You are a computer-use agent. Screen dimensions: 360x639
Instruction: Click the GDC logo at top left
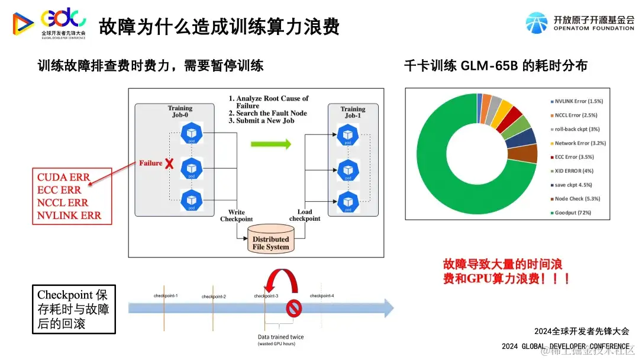tap(50, 22)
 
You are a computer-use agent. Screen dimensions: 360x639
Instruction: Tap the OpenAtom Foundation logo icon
tap(537, 22)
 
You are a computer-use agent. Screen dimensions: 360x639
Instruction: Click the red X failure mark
tap(169, 163)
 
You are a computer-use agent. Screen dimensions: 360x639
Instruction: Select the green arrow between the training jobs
tap(271, 143)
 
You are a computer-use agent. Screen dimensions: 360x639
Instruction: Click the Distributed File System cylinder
tap(272, 242)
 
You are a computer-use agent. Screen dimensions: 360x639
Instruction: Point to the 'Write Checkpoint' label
tap(236, 216)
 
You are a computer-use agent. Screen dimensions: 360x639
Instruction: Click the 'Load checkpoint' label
tap(305, 216)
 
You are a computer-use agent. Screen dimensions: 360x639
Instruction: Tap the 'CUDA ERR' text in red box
tap(64, 177)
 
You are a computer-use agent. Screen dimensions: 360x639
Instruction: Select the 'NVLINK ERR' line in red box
tap(69, 216)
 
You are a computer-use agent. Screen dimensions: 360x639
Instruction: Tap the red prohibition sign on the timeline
tap(294, 308)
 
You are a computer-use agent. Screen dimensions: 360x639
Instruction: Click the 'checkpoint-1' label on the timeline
tap(166, 295)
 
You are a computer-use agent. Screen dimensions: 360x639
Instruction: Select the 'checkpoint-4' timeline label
tap(322, 295)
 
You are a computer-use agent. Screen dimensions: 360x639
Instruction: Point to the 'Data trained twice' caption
tap(280, 337)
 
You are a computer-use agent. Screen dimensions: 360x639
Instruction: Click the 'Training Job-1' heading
tap(353, 112)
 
